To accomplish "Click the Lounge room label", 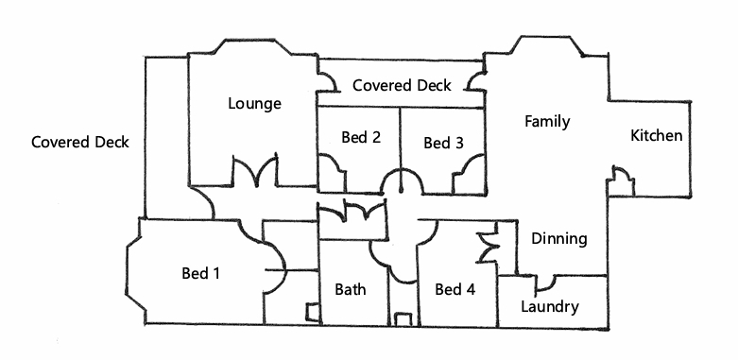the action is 254,103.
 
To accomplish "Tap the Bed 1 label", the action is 201,273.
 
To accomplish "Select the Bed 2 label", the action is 361,137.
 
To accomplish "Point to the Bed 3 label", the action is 443,143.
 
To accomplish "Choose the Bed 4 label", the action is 455,289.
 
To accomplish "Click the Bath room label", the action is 351,289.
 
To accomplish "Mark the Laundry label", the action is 550,307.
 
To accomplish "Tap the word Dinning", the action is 559,239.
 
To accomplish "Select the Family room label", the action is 547,121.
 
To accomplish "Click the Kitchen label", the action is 656,135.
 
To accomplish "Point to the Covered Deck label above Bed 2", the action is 402,85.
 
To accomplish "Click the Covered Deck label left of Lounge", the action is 80,142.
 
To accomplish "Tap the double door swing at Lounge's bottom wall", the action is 254,172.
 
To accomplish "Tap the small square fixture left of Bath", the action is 313,313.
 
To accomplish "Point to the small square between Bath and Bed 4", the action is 403,319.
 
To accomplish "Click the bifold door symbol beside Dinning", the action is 488,242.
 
